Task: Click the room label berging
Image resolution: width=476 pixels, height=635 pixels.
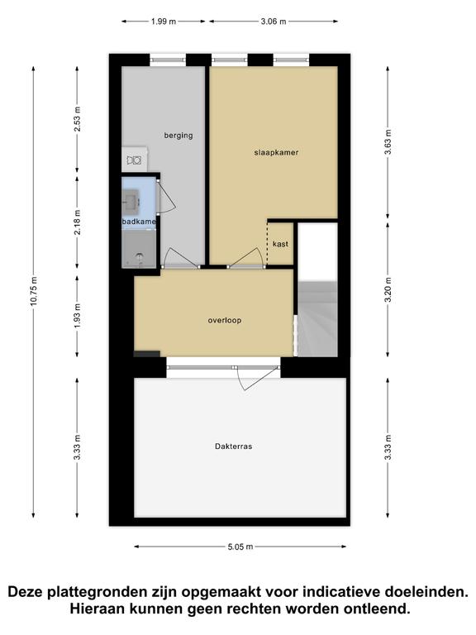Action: coord(178,136)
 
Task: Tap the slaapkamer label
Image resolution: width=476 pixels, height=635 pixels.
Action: coord(277,153)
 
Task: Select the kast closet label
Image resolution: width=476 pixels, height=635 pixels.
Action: coord(280,244)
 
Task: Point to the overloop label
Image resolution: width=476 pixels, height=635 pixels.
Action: coord(225,320)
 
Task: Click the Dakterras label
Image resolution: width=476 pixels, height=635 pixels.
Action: coord(234,446)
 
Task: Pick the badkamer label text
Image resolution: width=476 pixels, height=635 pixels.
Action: coord(139,222)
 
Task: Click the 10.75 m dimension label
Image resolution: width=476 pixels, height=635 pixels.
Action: coord(34,291)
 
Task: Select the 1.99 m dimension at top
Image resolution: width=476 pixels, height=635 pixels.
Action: coord(164,21)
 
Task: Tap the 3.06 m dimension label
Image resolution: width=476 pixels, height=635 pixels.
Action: coord(274,21)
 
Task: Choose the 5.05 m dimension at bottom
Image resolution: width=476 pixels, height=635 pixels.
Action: coord(240,547)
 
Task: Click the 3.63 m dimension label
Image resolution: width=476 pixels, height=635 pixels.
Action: coord(388,142)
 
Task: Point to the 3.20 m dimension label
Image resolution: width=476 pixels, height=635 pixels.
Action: coord(388,289)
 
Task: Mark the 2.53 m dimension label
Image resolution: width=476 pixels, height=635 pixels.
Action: coord(78,119)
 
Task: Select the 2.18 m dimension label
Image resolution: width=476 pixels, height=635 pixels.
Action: coord(78,222)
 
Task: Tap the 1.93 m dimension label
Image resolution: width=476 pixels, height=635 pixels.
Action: coord(78,316)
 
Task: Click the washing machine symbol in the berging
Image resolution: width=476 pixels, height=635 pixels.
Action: coord(135,160)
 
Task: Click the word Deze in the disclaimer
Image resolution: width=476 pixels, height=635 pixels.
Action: coord(26,592)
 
